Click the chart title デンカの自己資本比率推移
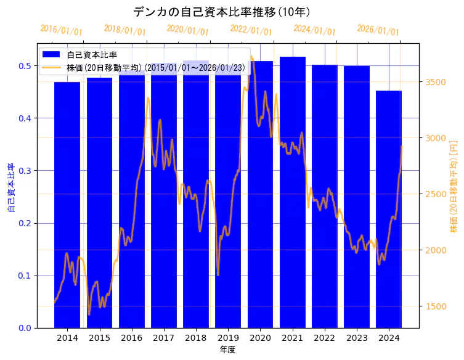[222, 12]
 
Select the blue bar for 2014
[67, 210]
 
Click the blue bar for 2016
[132, 203]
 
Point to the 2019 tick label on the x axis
[228, 338]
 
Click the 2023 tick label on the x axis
[357, 338]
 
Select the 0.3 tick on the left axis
[25, 171]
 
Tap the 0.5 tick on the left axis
[25, 66]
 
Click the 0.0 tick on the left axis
[25, 328]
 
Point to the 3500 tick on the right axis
[435, 82]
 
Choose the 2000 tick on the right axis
[435, 250]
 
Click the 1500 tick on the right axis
[435, 306]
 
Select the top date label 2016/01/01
[61, 30]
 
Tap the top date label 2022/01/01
[251, 30]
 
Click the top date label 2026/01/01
[378, 30]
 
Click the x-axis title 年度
[228, 350]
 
